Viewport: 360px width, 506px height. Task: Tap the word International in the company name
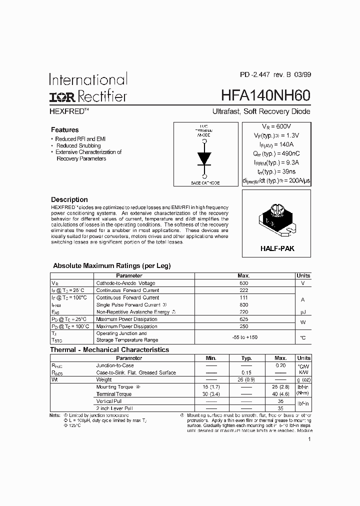tap(88, 79)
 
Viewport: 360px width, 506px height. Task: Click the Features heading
tap(64, 129)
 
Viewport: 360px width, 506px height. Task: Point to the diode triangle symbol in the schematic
tap(204, 157)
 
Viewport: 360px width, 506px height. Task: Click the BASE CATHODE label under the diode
tap(205, 183)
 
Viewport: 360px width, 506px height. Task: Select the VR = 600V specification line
tap(276, 127)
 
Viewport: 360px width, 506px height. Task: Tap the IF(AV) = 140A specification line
tap(276, 144)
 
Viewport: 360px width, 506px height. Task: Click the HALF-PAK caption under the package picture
tap(276, 248)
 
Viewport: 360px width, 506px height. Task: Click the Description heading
tap(69, 199)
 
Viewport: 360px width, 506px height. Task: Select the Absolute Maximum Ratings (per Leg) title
tap(111, 266)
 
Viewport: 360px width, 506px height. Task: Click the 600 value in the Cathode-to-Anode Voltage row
tap(243, 283)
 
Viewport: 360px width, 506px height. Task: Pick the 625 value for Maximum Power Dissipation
tap(243, 319)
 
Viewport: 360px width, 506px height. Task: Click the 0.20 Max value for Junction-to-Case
tap(280, 365)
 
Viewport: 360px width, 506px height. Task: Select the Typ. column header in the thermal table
tap(246, 358)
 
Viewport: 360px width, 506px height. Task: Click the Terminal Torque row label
tap(114, 394)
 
